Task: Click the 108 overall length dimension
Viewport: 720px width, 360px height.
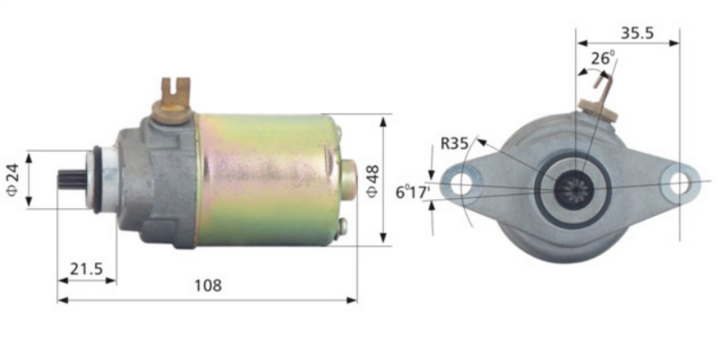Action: point(206,286)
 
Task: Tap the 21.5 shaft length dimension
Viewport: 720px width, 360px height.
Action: point(87,268)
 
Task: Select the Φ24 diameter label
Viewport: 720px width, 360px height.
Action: point(12,179)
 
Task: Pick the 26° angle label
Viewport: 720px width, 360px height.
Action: point(601,59)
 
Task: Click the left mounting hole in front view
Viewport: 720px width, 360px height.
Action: point(461,185)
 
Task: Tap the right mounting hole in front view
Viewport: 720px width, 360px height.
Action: point(679,184)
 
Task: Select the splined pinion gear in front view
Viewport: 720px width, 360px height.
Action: point(577,186)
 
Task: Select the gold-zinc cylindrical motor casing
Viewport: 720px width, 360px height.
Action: point(265,180)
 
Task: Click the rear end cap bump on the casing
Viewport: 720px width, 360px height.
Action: point(348,179)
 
